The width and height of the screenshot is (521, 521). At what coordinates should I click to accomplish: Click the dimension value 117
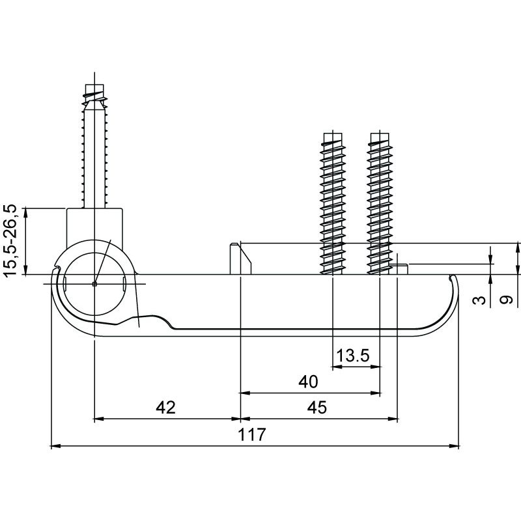coord(252,434)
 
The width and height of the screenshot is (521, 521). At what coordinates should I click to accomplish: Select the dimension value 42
coord(165,408)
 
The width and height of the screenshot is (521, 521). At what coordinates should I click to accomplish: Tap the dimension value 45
coord(317,408)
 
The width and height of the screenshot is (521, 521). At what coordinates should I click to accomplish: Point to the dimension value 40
coord(308,382)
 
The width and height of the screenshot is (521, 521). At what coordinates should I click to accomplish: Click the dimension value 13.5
coord(352,356)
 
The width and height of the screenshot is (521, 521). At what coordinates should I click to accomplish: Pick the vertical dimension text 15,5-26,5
coord(10,240)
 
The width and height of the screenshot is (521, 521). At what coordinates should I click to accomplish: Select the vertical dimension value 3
coord(479,300)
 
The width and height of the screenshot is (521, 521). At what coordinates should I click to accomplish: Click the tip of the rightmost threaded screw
coord(380,134)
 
